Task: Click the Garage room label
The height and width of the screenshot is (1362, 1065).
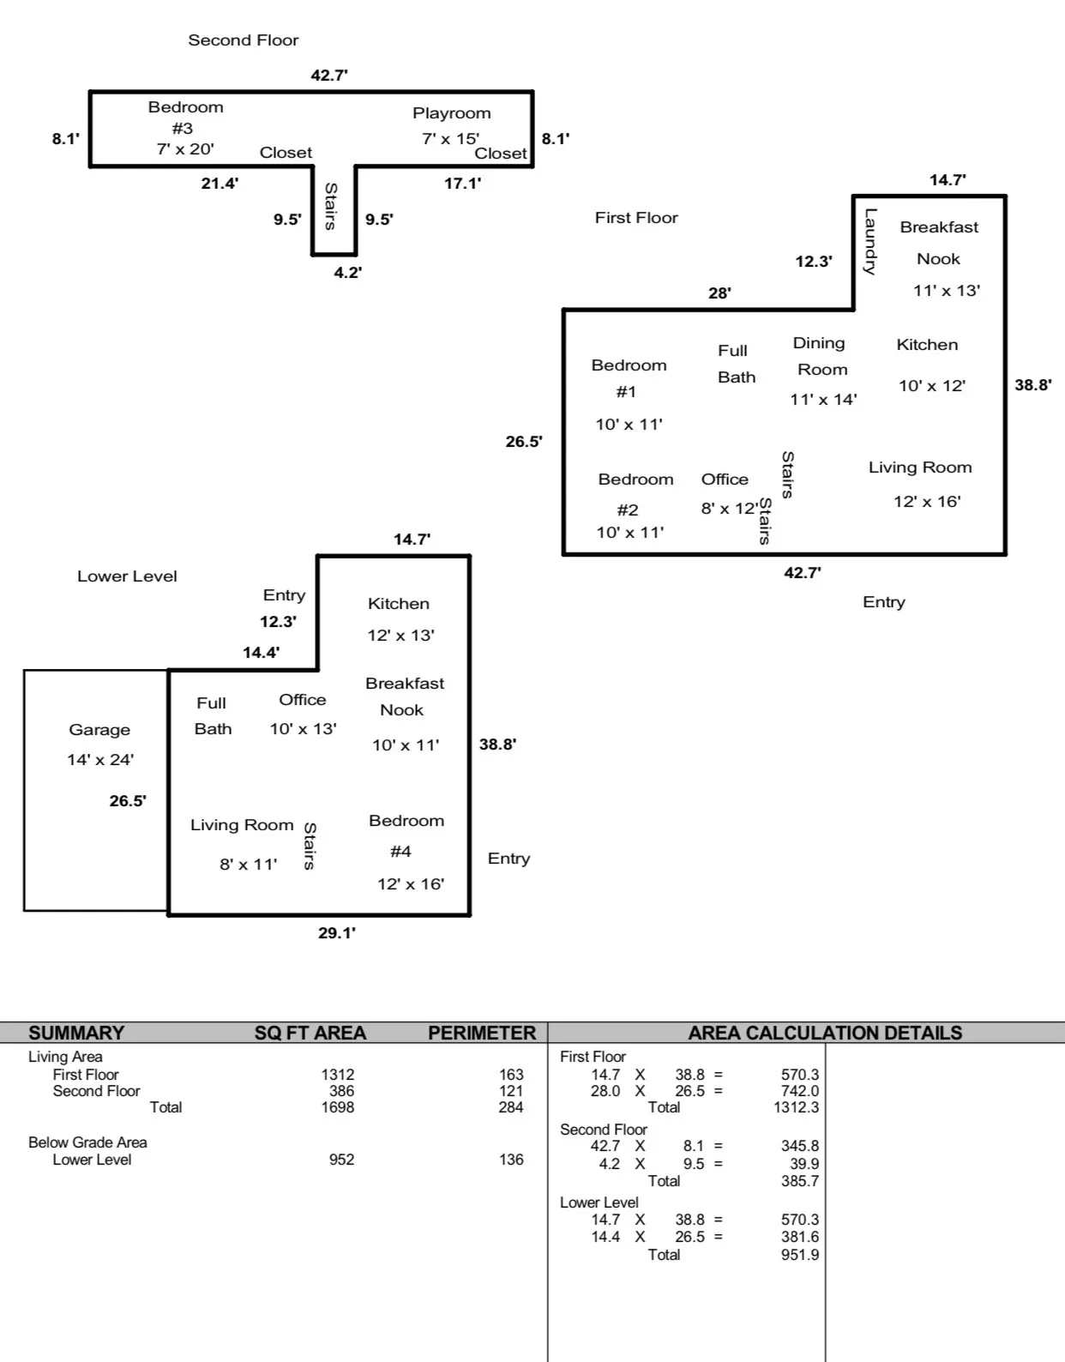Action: [99, 730]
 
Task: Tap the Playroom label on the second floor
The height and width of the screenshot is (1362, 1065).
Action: [451, 113]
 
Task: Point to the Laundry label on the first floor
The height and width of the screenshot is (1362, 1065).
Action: [870, 241]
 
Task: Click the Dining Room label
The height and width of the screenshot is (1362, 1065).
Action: [821, 356]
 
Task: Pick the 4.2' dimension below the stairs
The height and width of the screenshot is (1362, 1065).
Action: [347, 273]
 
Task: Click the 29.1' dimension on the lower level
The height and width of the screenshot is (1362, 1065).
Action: [337, 933]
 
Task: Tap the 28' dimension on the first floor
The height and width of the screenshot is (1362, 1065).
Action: [719, 293]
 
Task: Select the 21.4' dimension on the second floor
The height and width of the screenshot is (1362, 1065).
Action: [220, 184]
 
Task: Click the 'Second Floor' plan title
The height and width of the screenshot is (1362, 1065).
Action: [244, 40]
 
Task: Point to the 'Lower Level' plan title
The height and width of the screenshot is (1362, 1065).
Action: [127, 576]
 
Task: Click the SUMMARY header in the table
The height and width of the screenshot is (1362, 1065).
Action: [76, 1033]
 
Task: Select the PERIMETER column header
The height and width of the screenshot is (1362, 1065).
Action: [481, 1033]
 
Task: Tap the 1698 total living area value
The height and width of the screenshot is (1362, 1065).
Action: [337, 1107]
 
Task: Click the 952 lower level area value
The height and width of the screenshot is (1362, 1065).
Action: [341, 1160]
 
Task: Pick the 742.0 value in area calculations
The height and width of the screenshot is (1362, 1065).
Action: [799, 1091]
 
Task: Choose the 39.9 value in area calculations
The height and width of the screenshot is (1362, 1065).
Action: [803, 1164]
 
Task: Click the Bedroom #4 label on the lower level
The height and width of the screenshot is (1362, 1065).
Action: [406, 835]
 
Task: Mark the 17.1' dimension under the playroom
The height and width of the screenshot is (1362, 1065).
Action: [462, 184]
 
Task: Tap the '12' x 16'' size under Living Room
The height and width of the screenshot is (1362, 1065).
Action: [927, 502]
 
